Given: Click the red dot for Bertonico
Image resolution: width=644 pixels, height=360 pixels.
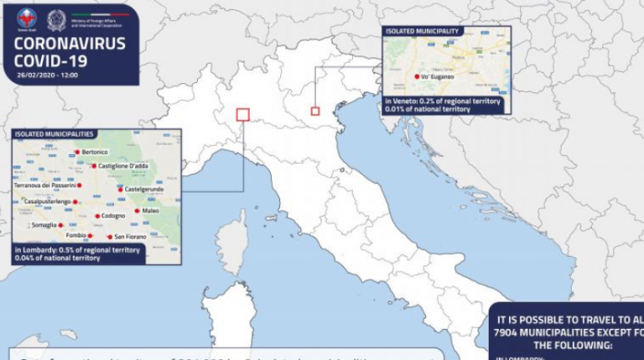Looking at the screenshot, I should (77, 152).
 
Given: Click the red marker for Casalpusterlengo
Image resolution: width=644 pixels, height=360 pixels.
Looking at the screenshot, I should (75, 202).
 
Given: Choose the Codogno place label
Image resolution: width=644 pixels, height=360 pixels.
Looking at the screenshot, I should (114, 217).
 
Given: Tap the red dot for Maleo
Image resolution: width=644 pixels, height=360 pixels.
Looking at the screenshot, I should (138, 211).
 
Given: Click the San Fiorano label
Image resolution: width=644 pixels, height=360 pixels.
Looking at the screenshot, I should (132, 237).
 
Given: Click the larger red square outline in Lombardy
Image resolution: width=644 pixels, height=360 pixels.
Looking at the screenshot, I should (243, 114).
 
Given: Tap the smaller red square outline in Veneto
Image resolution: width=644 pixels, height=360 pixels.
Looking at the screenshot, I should (315, 111).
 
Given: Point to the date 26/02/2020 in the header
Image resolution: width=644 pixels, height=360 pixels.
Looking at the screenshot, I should (35, 75).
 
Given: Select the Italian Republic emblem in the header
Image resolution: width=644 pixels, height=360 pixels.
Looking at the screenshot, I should (56, 18).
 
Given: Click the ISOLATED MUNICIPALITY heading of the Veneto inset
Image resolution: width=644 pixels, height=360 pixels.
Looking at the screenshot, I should (422, 31).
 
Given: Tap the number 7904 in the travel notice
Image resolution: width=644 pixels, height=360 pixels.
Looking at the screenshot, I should (510, 332).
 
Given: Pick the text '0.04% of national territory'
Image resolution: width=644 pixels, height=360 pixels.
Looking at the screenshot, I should (57, 258).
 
